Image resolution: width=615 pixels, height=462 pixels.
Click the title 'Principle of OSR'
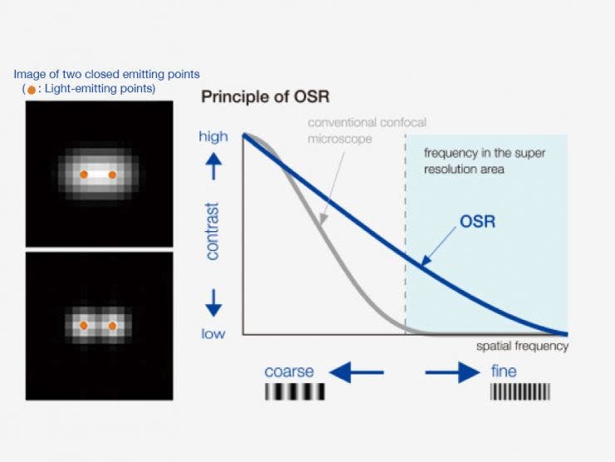click(x=265, y=96)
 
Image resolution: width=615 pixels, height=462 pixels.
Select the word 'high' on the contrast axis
click(x=214, y=136)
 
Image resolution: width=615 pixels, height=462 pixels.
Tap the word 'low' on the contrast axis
click(x=214, y=333)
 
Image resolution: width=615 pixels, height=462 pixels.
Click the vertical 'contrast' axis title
click(x=213, y=230)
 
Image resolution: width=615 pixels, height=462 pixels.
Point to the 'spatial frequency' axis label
click(x=522, y=346)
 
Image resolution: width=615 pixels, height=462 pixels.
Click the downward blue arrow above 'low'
click(x=214, y=302)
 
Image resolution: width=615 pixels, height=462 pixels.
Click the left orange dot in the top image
click(x=83, y=174)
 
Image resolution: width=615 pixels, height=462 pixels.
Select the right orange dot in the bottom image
click(x=112, y=326)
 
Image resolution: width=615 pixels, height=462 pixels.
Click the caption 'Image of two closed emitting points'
click(x=106, y=75)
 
